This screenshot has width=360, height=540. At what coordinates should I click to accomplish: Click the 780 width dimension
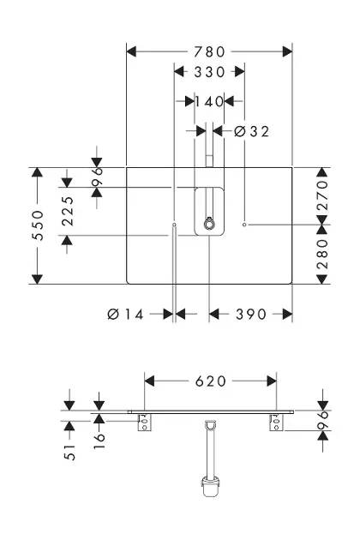coord(209,52)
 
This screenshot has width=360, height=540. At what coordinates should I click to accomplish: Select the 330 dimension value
coord(209,72)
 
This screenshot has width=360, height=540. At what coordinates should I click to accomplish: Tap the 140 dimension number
coord(209,102)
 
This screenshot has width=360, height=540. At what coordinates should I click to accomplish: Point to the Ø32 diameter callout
coord(251,131)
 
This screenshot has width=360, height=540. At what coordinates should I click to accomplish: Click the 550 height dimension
coord(38,225)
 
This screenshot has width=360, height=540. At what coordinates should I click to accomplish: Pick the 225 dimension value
coord(68,211)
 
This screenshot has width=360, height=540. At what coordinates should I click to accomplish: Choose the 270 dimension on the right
coord(322,195)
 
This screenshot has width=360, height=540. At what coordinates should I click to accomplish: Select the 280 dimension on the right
coord(322,255)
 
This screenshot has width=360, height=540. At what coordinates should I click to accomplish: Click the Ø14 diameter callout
coord(125,314)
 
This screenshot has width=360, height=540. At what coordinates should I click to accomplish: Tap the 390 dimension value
coord(251,314)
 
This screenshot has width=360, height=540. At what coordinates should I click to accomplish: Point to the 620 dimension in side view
coord(211,381)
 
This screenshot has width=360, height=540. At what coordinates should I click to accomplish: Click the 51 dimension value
coord(69,452)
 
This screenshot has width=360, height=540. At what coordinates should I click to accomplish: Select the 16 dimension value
coord(99,441)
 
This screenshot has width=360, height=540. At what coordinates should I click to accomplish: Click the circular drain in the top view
coord(209,225)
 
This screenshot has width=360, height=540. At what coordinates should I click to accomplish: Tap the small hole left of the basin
coord(174,225)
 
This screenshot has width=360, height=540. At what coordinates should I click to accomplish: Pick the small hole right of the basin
coord(244,225)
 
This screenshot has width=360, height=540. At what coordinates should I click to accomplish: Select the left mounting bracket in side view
coord(144,423)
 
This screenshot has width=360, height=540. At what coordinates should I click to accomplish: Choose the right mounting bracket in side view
coord(276,423)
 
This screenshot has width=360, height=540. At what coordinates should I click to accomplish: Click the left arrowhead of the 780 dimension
coord(131,52)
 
